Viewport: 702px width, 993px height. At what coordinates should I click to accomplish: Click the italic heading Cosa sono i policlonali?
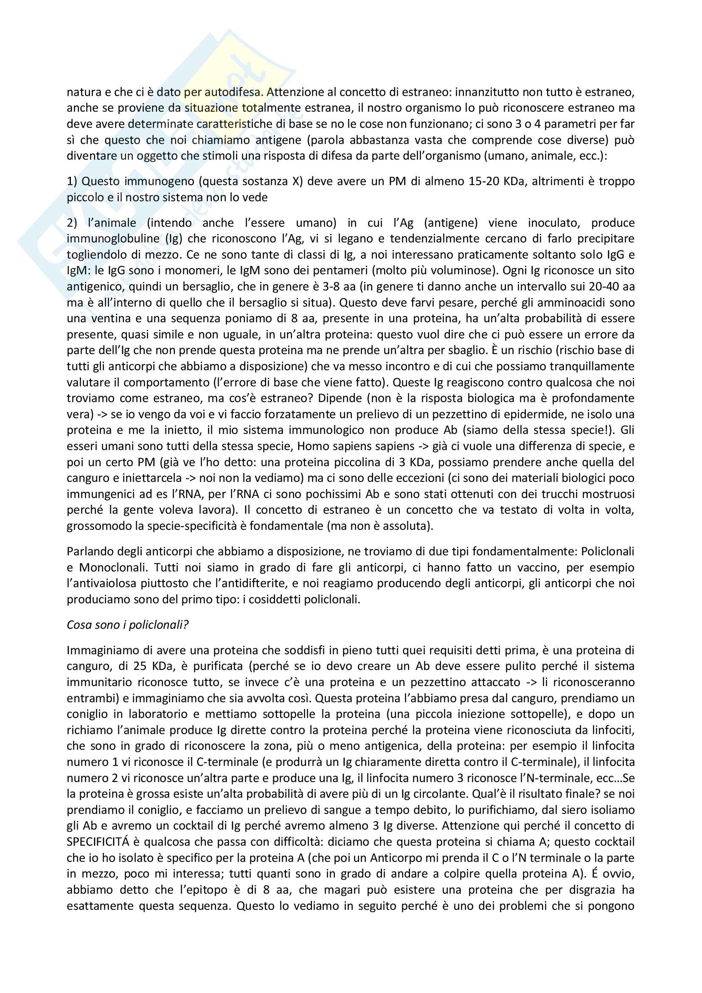pyautogui.click(x=127, y=625)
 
